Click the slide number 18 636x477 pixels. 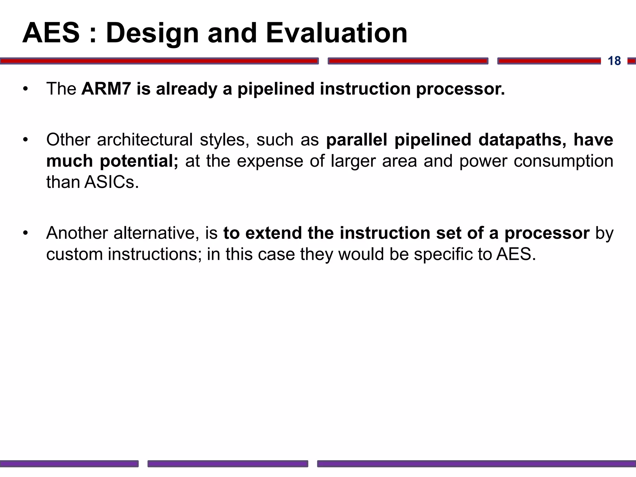point(614,61)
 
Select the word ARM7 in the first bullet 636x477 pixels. point(106,89)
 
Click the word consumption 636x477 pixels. point(563,161)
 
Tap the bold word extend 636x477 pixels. point(273,233)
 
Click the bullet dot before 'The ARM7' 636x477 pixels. point(25,89)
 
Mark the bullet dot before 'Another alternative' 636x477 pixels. point(25,233)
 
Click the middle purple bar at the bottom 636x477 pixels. point(228,464)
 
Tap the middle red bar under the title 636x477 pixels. point(408,61)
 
